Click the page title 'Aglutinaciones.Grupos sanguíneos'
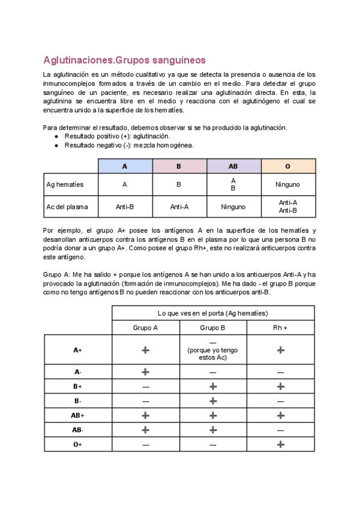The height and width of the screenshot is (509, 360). (124, 60)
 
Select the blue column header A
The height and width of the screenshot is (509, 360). (125, 166)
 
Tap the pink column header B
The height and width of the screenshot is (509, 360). (179, 166)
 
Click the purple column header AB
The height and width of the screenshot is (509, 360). (233, 166)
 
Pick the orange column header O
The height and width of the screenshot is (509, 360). (287, 166)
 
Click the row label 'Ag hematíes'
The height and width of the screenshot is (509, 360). (65, 184)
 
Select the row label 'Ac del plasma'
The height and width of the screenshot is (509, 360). (67, 206)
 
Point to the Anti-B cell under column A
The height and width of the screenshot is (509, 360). (125, 206)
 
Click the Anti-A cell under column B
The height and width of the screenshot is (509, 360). (179, 206)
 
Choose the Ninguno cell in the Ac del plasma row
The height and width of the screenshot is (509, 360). (233, 206)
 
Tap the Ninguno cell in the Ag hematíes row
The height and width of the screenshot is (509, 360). (287, 184)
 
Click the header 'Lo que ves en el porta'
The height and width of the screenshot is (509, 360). (212, 313)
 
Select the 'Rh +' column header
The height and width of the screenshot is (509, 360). (280, 328)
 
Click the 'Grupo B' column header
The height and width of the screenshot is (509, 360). (212, 328)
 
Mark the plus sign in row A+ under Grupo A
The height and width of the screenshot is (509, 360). (145, 350)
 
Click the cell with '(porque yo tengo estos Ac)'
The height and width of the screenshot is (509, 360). (212, 351)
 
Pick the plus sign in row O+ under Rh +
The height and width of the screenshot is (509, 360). (280, 444)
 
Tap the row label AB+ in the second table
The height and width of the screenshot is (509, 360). (78, 415)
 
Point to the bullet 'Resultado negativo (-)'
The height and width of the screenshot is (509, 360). (128, 145)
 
